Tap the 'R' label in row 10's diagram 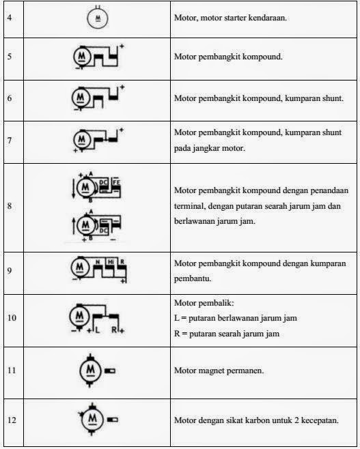[x=115, y=330]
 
